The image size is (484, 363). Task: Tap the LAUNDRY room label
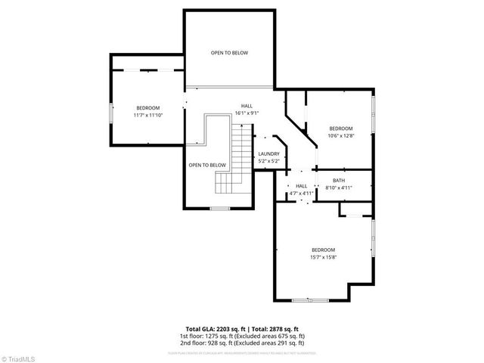click(268, 154)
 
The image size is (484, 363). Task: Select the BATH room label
click(339, 180)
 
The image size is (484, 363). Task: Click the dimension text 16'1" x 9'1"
click(247, 113)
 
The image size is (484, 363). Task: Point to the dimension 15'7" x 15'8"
click(323, 257)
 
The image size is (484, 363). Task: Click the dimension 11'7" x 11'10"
click(148, 116)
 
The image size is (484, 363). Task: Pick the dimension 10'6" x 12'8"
click(340, 136)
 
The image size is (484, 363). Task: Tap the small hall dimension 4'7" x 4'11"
click(301, 194)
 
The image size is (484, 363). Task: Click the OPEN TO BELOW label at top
click(229, 53)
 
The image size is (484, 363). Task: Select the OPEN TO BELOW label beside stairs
click(207, 165)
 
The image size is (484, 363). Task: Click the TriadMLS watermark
click(19, 357)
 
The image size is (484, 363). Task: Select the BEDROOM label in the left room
click(148, 108)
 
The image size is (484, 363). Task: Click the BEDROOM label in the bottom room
click(323, 250)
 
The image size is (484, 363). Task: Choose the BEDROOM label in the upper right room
click(340, 129)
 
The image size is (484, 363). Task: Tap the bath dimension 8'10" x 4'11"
click(339, 188)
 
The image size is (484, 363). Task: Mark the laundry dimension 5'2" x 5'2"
click(268, 161)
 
